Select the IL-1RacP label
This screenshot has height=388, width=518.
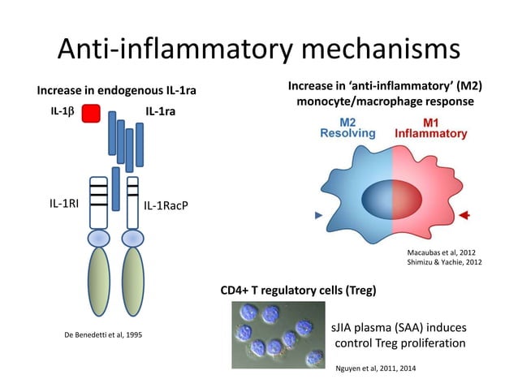(166, 205)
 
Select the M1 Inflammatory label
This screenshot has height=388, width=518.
(430, 127)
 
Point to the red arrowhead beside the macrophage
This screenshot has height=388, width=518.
(464, 215)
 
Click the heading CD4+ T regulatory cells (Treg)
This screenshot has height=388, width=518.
(298, 289)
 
